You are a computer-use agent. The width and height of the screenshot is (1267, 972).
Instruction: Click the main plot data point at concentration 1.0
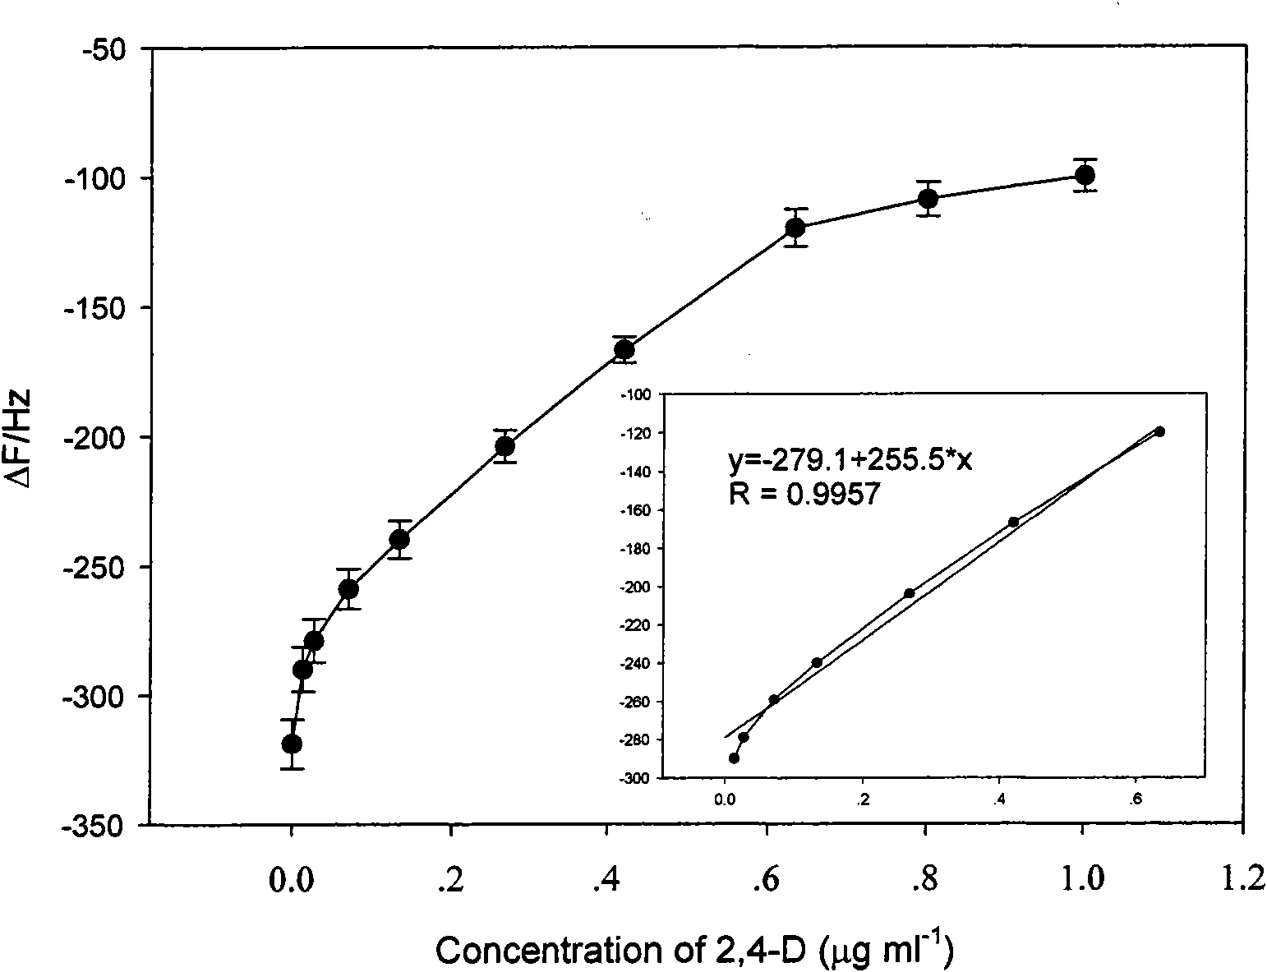1085,175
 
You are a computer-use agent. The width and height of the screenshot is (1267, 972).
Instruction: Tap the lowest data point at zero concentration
292,744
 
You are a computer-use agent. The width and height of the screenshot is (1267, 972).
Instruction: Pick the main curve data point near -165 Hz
624,350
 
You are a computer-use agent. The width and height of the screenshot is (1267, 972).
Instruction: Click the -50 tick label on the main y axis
104,51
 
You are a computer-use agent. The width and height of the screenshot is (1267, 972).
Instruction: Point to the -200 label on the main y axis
96,439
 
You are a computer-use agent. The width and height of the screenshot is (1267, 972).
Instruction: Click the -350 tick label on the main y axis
96,827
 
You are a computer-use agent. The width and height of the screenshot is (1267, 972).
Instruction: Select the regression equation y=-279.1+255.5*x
850,461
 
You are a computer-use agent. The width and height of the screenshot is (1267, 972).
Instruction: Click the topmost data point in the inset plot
1159,431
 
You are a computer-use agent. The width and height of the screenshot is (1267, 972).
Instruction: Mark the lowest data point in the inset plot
734,758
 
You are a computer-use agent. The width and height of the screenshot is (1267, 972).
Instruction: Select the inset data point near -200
909,593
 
